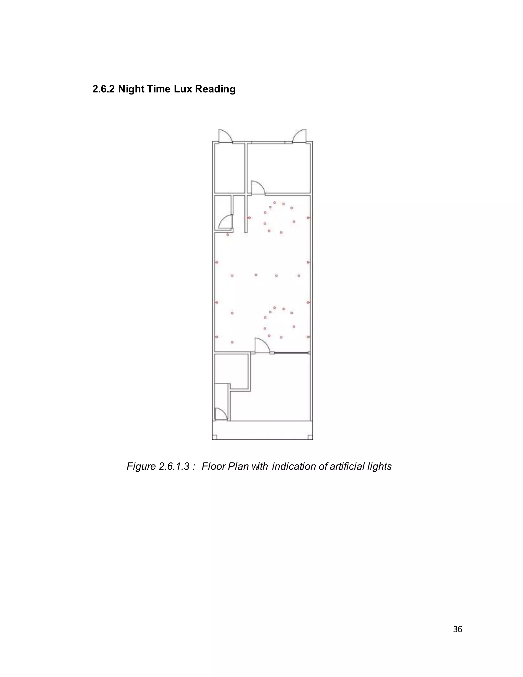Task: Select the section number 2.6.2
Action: pos(103,89)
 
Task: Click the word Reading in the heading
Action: pos(215,89)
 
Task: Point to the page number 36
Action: pos(457,629)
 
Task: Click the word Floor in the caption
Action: pos(213,466)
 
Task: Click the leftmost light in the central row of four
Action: pos(232,275)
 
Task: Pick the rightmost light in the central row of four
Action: pos(299,275)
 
